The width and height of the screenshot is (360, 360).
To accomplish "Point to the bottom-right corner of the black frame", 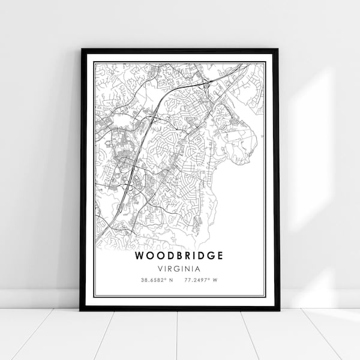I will point(278,309).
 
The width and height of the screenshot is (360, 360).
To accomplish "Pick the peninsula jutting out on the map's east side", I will point(243,144).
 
